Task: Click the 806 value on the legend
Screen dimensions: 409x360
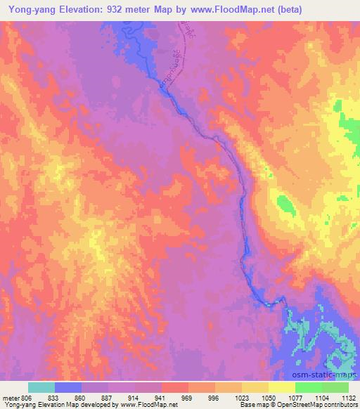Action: [25, 397]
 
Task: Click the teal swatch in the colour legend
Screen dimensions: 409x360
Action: [41, 387]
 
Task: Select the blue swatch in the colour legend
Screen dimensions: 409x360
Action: [68, 387]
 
